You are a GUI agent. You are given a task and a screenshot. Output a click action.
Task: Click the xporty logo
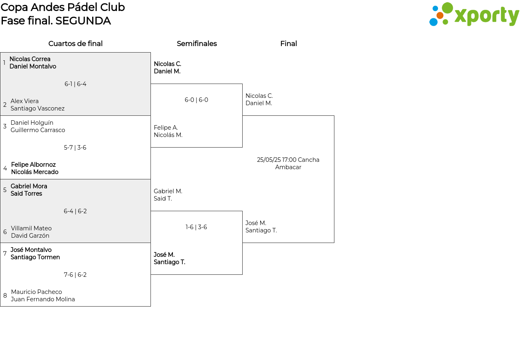point(474,14)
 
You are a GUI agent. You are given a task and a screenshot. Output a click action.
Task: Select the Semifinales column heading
point(197,44)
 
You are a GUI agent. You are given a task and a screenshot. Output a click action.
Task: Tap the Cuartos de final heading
point(75,44)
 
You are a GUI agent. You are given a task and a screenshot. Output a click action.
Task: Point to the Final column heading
point(288,44)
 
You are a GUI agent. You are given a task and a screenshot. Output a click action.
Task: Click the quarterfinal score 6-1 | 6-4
point(75,84)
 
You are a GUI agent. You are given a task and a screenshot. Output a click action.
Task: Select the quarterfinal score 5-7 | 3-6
point(75,148)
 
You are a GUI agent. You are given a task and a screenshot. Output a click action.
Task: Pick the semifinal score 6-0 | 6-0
point(196,100)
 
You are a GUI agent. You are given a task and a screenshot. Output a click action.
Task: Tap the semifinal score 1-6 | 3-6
point(196,227)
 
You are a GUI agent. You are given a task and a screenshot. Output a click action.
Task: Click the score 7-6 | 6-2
point(75,275)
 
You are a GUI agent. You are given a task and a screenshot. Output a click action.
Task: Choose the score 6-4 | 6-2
point(75,211)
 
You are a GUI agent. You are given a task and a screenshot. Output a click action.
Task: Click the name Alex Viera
point(24,101)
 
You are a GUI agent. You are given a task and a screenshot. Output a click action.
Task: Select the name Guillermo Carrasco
point(38,130)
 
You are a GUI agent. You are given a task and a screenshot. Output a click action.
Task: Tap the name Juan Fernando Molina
point(43,299)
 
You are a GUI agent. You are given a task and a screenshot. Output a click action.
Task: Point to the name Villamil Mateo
point(31,228)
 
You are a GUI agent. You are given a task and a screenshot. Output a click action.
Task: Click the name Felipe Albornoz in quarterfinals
point(33,164)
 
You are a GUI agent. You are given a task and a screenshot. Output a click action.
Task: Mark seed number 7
point(5,253)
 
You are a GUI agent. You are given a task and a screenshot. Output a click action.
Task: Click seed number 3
point(5,126)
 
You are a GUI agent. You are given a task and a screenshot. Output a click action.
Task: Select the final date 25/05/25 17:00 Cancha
point(288,159)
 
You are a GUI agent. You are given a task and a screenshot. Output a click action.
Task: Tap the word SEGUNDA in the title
point(83,21)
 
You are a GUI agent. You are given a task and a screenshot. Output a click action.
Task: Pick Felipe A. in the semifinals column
point(166,128)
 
